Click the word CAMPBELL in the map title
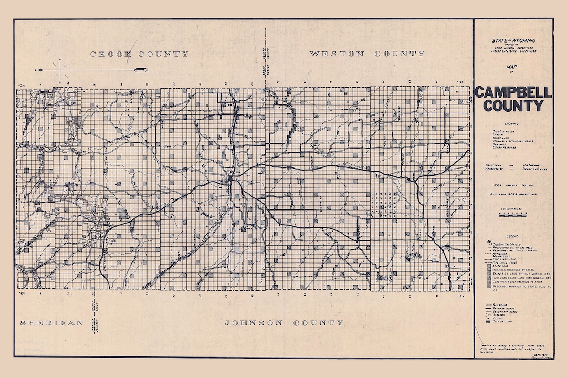(513, 93)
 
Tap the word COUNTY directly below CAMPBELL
(513, 106)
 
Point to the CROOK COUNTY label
(139, 54)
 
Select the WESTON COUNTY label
(367, 54)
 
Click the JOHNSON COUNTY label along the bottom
(284, 322)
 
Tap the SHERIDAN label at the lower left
(52, 322)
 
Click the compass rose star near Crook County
(59, 70)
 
